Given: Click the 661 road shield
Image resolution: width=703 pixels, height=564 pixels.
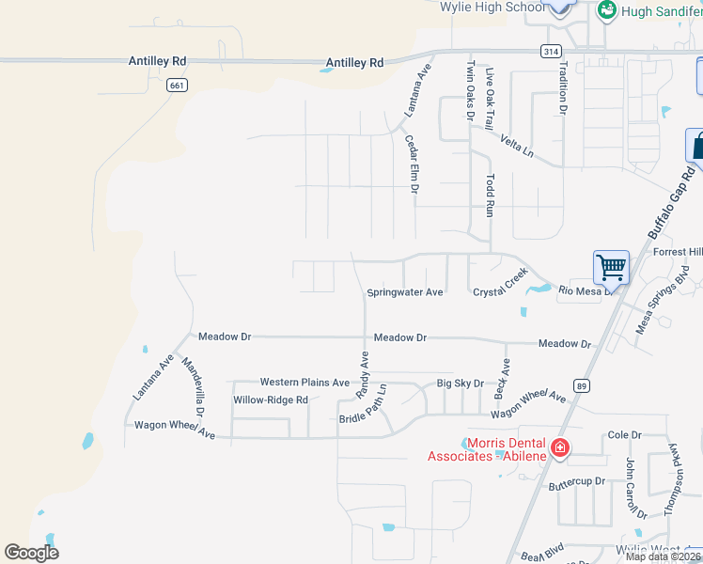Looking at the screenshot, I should click(176, 85).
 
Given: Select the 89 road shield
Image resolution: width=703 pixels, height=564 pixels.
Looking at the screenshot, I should click(583, 385).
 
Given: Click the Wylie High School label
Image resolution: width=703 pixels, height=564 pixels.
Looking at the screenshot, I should click(492, 7).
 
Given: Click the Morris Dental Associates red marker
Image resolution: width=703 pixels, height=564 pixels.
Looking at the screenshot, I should click(559, 447).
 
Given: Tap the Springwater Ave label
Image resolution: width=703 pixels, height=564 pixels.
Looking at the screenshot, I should click(404, 292).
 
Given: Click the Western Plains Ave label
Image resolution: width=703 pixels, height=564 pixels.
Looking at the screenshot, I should click(305, 383).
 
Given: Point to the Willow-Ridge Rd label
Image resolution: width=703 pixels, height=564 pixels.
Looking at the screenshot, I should click(271, 399).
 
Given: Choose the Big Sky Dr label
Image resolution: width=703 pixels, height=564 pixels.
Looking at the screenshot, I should click(460, 384).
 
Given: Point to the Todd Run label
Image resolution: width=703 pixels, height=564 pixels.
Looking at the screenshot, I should click(490, 196).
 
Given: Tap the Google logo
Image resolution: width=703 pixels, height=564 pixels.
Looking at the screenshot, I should click(31, 552).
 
